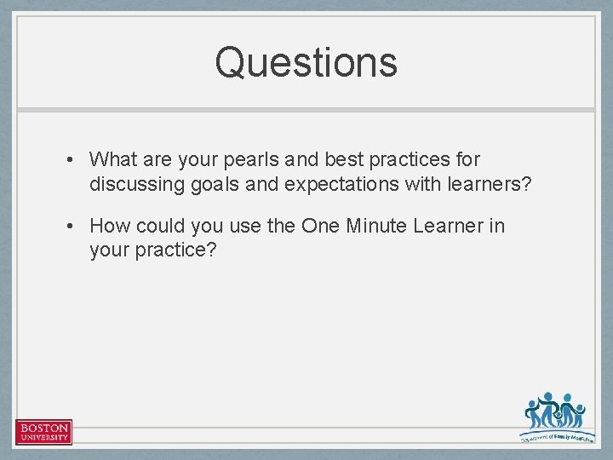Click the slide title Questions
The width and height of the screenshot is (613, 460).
click(x=306, y=62)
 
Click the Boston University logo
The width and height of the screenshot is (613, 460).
click(x=43, y=431)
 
